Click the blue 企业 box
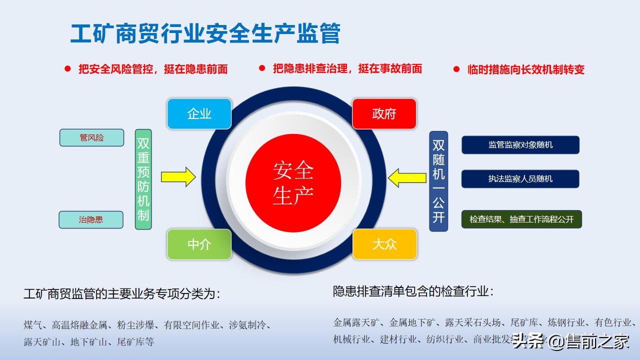click(x=199, y=114)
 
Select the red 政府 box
click(x=384, y=114)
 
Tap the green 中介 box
click(x=199, y=244)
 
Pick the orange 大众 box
click(x=384, y=244)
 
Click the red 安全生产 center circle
click(x=293, y=183)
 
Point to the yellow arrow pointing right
click(x=178, y=176)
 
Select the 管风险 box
click(x=91, y=137)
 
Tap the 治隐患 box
click(x=91, y=219)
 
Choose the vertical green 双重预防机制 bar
click(x=143, y=179)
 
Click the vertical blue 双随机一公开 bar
click(x=438, y=181)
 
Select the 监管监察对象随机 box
click(x=520, y=145)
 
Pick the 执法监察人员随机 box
click(x=520, y=178)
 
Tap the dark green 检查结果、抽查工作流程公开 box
click(x=521, y=219)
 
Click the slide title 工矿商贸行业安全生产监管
click(x=205, y=34)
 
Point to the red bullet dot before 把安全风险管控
click(x=67, y=69)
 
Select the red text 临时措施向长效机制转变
click(x=525, y=69)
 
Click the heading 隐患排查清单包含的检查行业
click(x=413, y=291)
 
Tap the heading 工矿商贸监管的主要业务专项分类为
click(x=121, y=294)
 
